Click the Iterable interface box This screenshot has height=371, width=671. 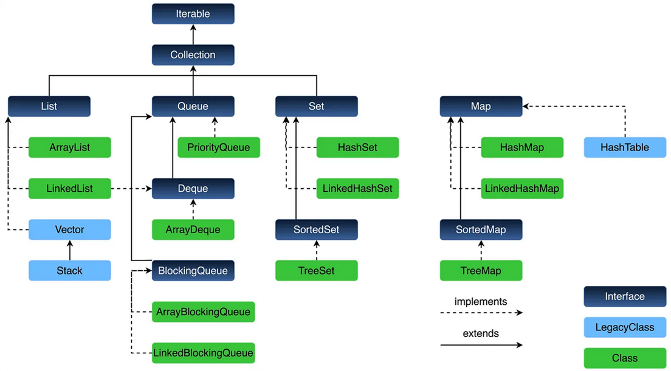point(193,13)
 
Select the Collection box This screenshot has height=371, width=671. point(193,55)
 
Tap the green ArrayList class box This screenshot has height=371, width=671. point(70,148)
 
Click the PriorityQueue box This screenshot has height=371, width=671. point(219,148)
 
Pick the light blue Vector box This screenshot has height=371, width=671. point(70,230)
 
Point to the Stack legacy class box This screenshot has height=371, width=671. point(70,271)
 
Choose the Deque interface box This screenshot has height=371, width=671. point(193,189)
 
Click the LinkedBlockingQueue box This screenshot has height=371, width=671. point(203,353)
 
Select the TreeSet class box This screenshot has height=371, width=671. point(317,271)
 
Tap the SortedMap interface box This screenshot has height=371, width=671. point(481,230)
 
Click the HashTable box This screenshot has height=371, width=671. point(625,148)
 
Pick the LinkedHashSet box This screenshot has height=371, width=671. point(358,189)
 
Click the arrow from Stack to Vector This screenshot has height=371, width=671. point(70,250)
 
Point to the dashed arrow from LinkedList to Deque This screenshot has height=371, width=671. point(131,189)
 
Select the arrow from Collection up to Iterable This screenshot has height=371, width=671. point(193,34)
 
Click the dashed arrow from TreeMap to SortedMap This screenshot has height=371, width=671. point(481,250)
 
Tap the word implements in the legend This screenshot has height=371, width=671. point(480,302)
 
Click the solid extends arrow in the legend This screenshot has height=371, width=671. point(481,345)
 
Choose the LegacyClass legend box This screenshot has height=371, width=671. point(625,327)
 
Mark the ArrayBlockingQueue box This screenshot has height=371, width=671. point(203,312)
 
